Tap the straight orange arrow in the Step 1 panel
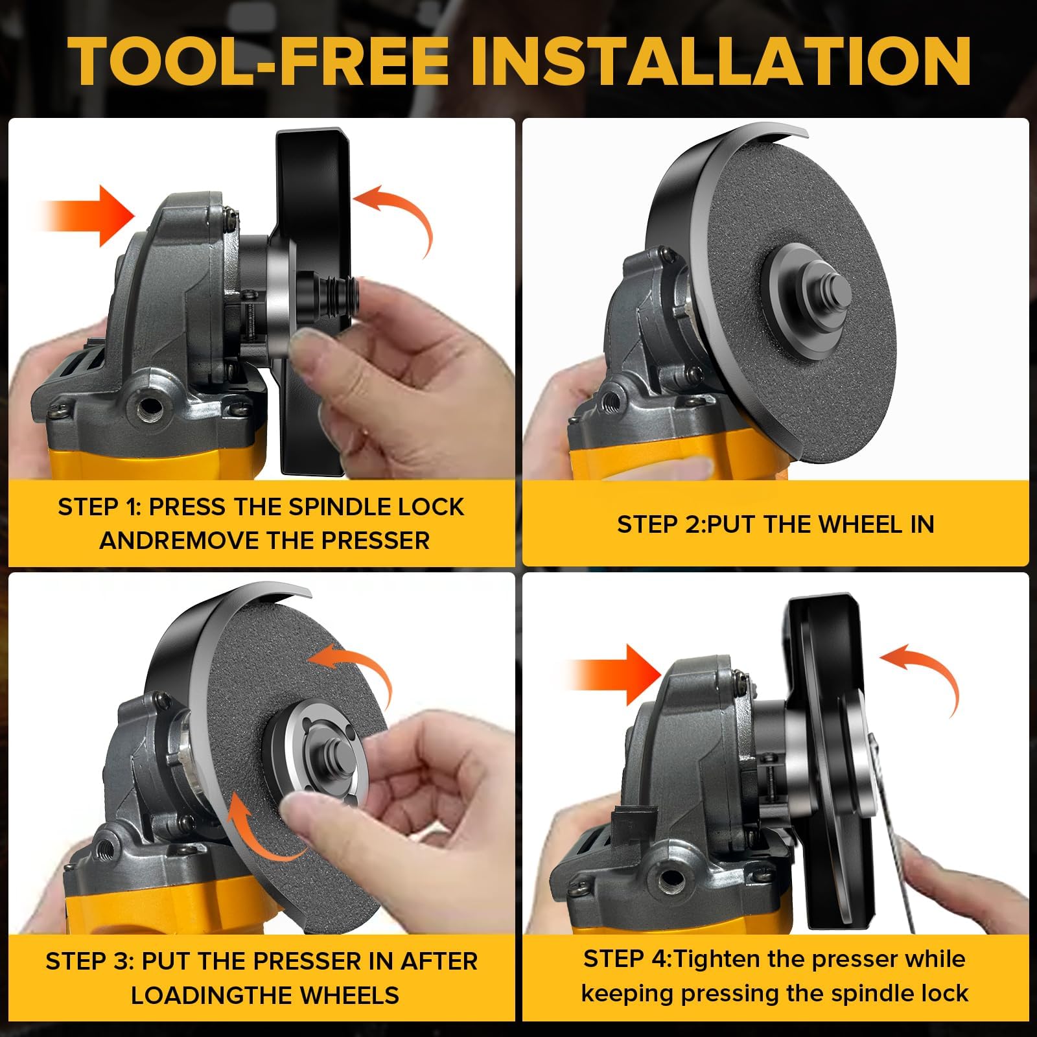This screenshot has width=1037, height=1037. click(x=87, y=216)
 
